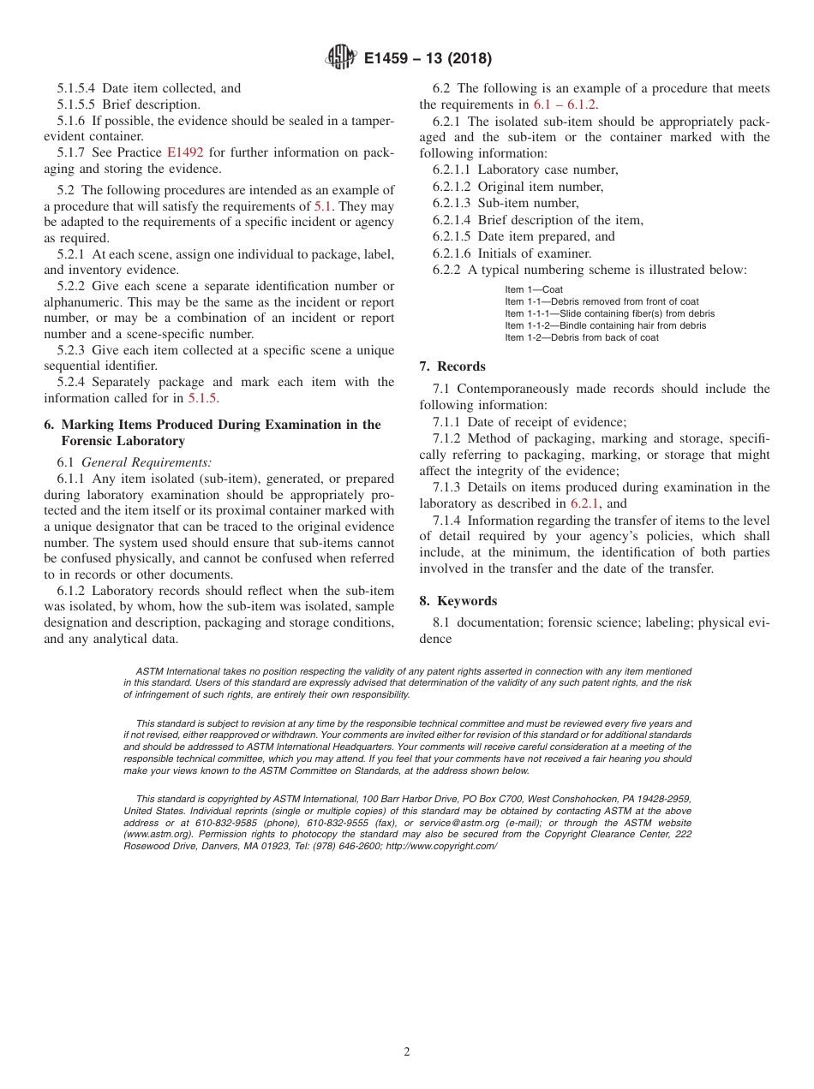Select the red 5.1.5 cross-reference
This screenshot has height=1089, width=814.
[x=202, y=398]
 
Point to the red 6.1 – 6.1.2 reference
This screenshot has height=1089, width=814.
[x=566, y=104]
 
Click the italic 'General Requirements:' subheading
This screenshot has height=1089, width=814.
[x=127, y=462]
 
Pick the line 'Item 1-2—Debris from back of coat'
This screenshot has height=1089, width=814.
[x=581, y=337]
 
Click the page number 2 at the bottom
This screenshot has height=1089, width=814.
[x=407, y=1052]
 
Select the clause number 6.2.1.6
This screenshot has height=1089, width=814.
[x=452, y=253]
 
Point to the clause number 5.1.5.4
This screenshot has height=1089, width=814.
[x=77, y=88]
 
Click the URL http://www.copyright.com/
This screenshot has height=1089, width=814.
[x=441, y=846]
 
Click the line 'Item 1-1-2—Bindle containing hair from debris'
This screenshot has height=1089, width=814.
[x=605, y=325]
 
